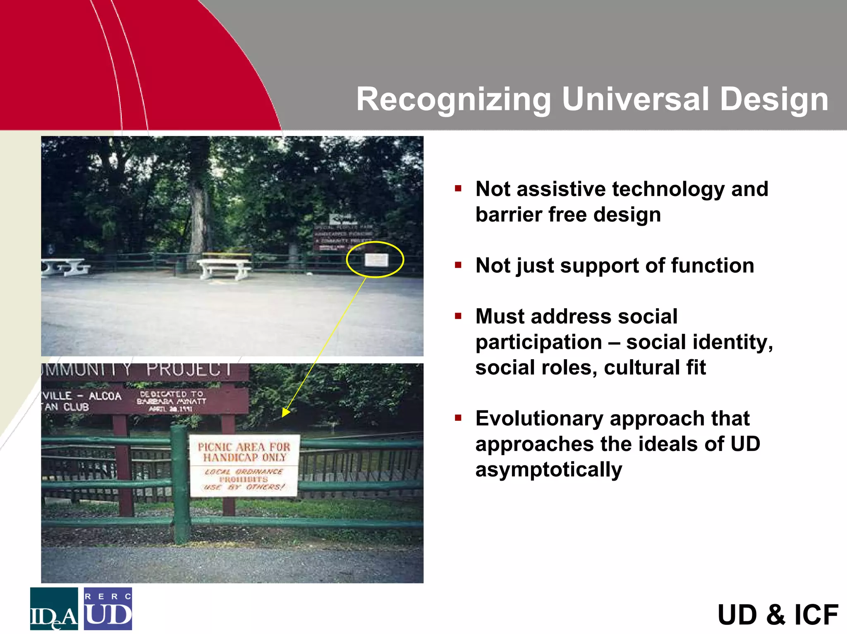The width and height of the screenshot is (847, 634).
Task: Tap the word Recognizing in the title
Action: coord(453,100)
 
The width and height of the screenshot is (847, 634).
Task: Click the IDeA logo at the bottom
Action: coord(54,609)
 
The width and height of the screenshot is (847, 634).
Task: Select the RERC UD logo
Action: coord(108,609)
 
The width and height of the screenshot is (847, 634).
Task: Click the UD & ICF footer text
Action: coord(778,615)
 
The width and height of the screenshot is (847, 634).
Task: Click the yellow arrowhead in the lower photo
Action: coord(286,412)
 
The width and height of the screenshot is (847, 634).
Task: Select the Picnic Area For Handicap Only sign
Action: coord(244,465)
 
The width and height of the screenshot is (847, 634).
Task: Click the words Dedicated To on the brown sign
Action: coord(171,394)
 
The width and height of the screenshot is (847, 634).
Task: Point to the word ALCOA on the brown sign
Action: coord(105,396)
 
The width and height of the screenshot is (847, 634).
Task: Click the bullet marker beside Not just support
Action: coord(458,265)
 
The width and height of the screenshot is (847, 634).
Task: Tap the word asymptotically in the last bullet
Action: coord(548,470)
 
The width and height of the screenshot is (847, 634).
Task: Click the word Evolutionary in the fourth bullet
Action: coord(539,418)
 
